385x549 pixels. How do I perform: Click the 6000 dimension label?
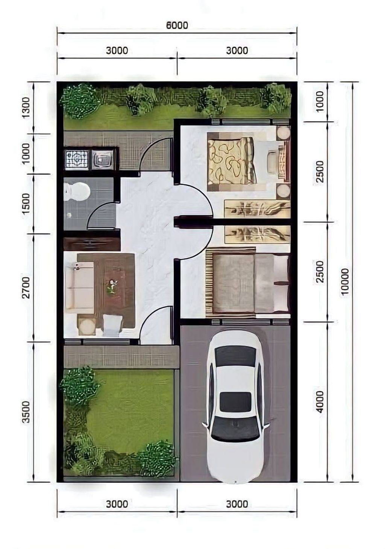pyautogui.click(x=177, y=25)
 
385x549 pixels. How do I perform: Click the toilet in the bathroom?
pyautogui.click(x=76, y=191)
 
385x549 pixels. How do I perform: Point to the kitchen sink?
pyautogui.click(x=103, y=160)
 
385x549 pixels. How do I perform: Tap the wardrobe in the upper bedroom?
pyautogui.click(x=257, y=208)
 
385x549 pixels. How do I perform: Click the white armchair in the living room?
pyautogui.click(x=112, y=324)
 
